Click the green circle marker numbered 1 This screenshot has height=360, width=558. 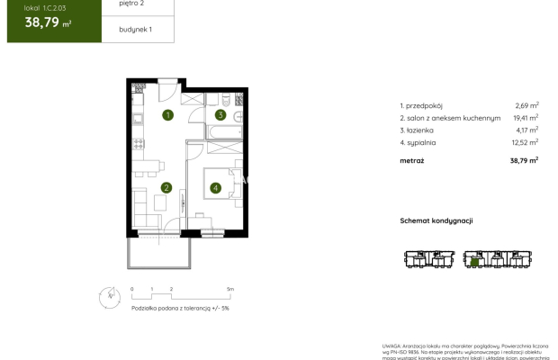click(x=167, y=114)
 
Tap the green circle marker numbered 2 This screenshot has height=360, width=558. click(x=166, y=187)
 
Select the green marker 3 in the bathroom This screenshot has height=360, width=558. click(x=220, y=115)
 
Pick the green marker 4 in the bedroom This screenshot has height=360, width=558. click(x=216, y=188)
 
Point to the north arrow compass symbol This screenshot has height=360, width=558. click(x=111, y=293)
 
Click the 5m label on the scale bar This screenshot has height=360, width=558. click(x=230, y=290)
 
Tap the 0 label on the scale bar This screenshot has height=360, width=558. click(x=132, y=290)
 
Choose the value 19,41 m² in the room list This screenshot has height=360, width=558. click(x=526, y=117)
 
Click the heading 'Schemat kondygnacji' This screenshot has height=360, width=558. click(x=436, y=220)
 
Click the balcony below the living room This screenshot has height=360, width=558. click(x=158, y=251)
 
